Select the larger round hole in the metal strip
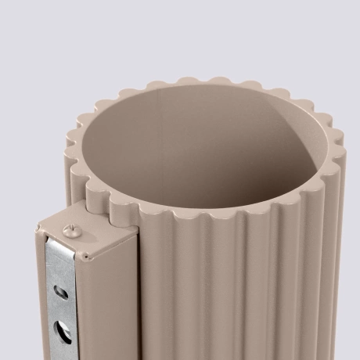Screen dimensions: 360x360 59,326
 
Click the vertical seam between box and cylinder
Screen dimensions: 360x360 140,297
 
